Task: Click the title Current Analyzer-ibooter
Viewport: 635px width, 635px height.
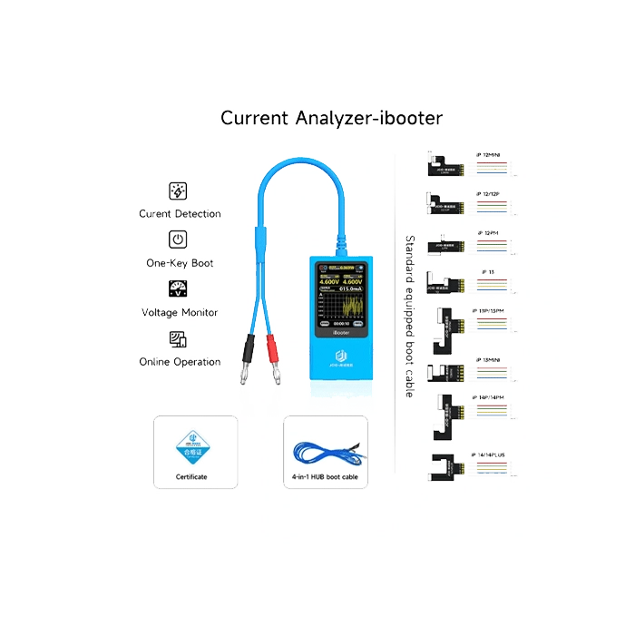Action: (x=331, y=118)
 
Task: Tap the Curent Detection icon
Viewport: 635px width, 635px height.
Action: (x=179, y=191)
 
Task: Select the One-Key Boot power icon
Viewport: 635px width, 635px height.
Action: (x=179, y=240)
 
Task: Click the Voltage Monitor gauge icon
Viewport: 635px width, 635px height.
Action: (x=179, y=289)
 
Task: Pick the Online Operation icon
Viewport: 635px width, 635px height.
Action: (x=179, y=339)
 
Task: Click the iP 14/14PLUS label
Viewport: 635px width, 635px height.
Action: (x=492, y=454)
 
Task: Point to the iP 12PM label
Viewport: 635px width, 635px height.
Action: (x=487, y=233)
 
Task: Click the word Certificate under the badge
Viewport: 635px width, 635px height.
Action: (x=191, y=477)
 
